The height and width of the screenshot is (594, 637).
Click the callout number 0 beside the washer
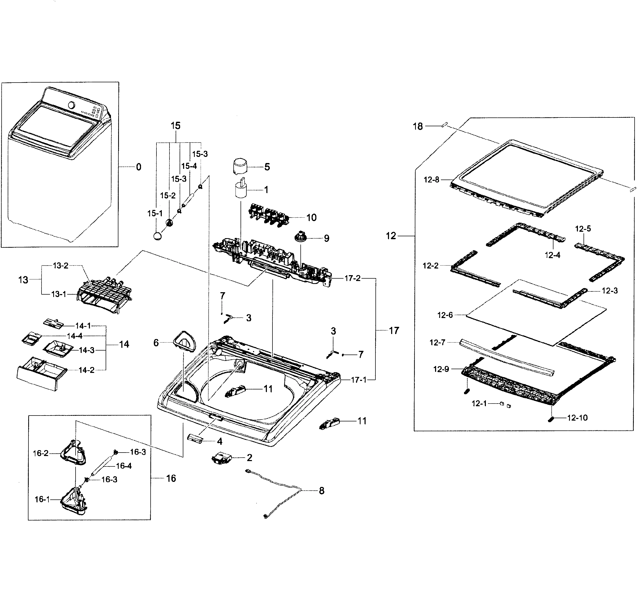pyautogui.click(x=138, y=167)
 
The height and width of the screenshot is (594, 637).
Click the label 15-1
pyautogui.click(x=155, y=213)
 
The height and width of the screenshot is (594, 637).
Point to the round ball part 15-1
pyautogui.click(x=158, y=236)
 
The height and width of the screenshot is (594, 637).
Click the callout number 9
pyautogui.click(x=326, y=238)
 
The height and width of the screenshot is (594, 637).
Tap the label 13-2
pyautogui.click(x=61, y=266)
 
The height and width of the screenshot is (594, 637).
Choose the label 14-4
pyautogui.click(x=75, y=336)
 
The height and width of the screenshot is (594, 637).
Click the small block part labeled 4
pyautogui.click(x=195, y=438)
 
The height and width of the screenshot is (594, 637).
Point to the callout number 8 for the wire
pyautogui.click(x=321, y=491)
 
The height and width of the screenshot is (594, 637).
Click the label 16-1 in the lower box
pyautogui.click(x=42, y=499)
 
